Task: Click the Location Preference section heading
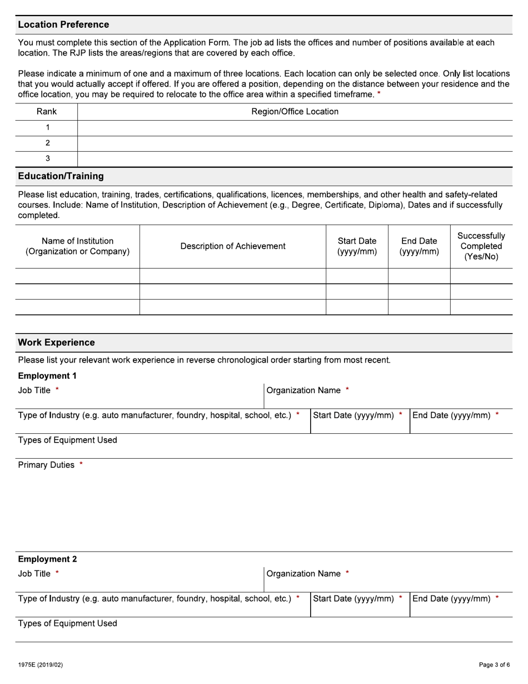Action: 63,24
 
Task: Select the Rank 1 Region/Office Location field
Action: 295,127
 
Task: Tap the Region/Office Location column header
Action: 295,111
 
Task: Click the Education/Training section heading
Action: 61,176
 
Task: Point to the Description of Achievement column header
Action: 232,246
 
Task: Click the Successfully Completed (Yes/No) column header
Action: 481,246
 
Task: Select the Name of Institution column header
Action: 78,246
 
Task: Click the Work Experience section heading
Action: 56,343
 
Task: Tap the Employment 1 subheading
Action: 47,375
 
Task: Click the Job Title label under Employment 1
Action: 34,390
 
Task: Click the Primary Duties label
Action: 46,465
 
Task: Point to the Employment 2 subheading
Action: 47,559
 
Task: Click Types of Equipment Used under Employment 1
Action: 67,440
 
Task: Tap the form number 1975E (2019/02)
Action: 40,665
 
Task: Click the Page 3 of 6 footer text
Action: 494,665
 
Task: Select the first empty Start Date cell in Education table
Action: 356,276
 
